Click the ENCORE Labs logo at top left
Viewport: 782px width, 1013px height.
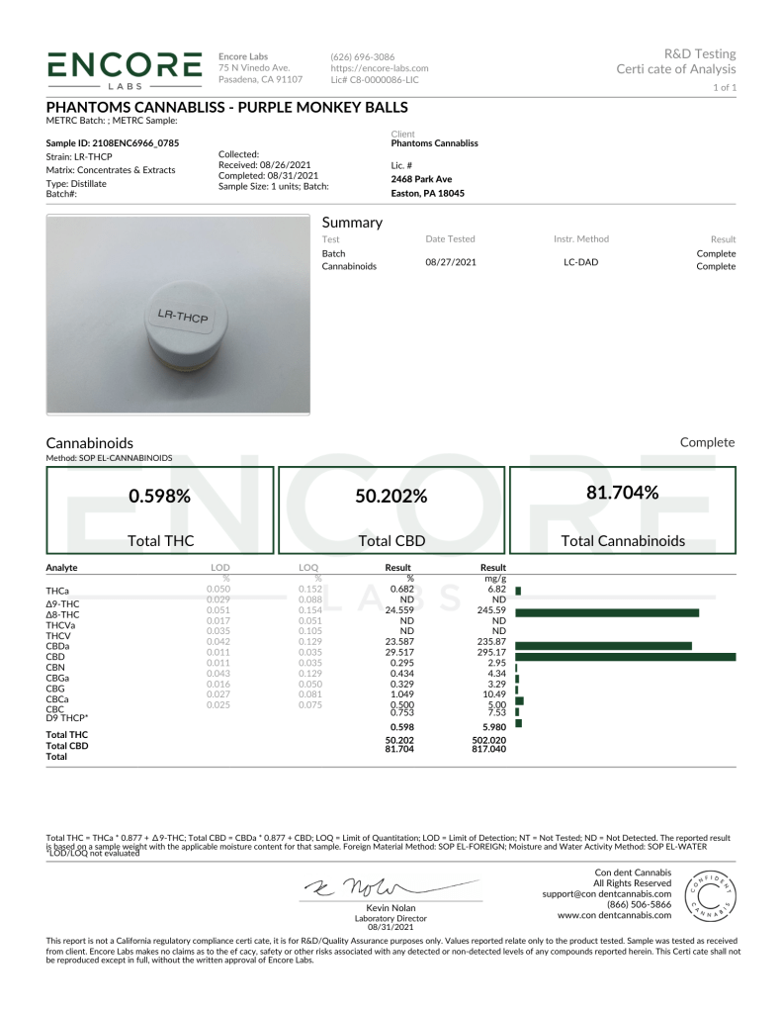[124, 68]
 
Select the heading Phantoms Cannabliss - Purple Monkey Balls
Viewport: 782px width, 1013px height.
[226, 107]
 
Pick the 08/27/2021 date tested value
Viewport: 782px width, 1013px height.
[450, 260]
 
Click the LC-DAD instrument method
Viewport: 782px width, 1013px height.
[580, 260]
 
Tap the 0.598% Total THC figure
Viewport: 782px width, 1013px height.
[162, 497]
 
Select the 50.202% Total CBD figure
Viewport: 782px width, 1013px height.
[391, 497]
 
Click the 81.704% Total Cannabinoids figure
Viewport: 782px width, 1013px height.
[622, 492]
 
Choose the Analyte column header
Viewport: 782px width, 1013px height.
[61, 568]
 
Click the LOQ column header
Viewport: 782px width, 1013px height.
[307, 568]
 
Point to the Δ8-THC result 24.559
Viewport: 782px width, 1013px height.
[397, 611]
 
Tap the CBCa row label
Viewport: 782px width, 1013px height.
[57, 699]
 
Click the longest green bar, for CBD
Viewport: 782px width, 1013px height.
[625, 656]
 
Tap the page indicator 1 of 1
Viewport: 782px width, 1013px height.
[724, 88]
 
